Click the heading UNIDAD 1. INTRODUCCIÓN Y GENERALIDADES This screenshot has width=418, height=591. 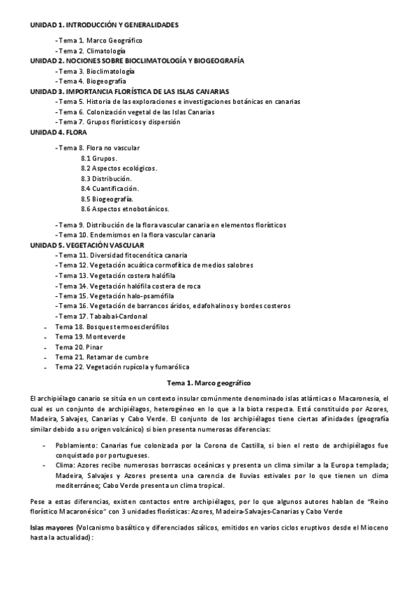point(105,25)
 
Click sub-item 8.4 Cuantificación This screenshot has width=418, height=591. point(110,188)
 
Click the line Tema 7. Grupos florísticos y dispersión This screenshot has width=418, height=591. point(119,121)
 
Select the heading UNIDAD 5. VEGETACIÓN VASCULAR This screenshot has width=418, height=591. point(87,245)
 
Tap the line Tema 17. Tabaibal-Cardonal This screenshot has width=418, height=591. point(105,316)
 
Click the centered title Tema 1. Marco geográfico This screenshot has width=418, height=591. point(209,383)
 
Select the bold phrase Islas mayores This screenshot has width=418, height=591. point(52,529)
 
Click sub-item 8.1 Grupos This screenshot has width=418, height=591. point(98,158)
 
